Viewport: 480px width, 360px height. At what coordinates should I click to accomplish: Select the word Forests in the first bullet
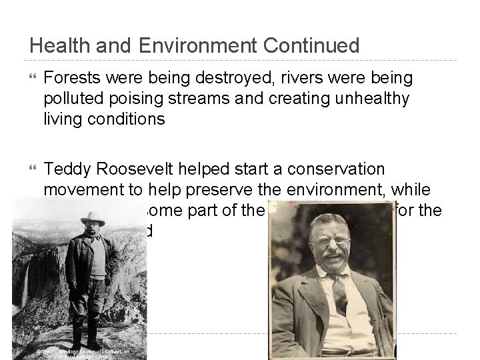[x=69, y=79]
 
